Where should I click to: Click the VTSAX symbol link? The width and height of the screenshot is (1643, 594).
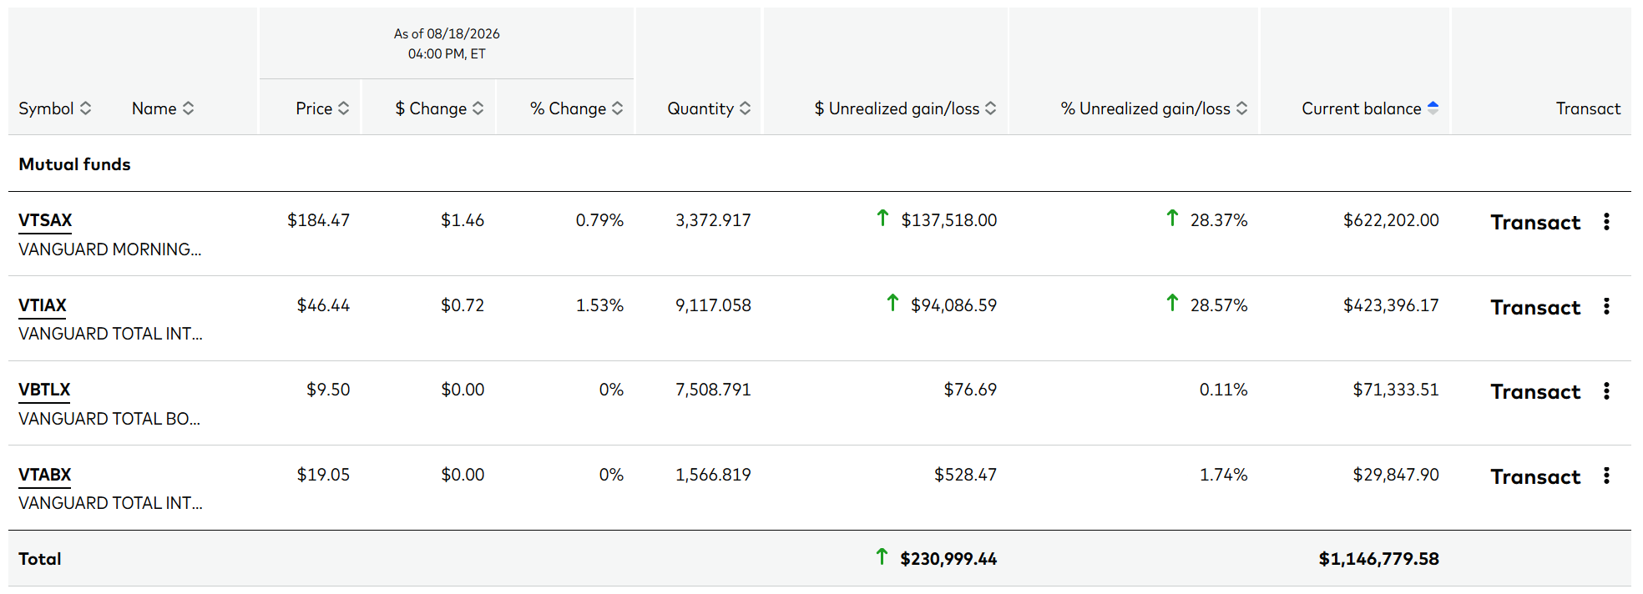click(x=45, y=220)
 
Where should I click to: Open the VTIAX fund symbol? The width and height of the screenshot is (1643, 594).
click(x=43, y=305)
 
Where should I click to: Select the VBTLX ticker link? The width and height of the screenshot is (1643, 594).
click(x=44, y=390)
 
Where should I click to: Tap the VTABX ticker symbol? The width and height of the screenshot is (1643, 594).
click(x=45, y=475)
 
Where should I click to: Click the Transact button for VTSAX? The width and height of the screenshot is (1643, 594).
click(x=1535, y=223)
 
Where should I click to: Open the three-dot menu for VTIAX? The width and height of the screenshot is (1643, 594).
click(x=1606, y=306)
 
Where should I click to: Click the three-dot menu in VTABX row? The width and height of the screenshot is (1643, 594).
click(x=1606, y=476)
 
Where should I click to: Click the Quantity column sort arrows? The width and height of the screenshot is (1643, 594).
click(x=746, y=108)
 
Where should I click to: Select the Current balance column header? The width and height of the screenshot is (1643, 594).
click(x=1361, y=108)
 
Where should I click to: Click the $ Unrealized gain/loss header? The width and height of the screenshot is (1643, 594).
click(x=897, y=108)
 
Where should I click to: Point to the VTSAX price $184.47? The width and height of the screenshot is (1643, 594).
click(x=318, y=220)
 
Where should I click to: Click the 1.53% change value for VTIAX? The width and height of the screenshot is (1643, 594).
click(x=599, y=305)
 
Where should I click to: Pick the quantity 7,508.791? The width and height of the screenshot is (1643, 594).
click(x=713, y=390)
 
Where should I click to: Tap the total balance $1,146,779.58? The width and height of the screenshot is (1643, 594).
click(x=1378, y=559)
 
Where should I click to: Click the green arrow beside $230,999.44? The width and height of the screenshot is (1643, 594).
click(x=882, y=556)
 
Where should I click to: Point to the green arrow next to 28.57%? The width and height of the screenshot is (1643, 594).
click(x=1172, y=303)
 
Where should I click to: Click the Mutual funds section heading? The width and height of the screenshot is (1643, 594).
click(x=74, y=164)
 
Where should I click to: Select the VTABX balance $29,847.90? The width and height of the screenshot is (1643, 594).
click(x=1396, y=475)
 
